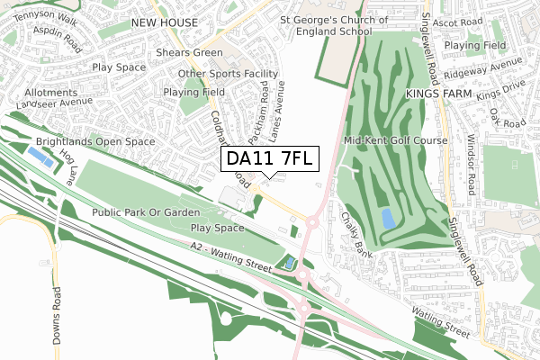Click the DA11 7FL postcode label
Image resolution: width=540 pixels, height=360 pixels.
[x=267, y=159]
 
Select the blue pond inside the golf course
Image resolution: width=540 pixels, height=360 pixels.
[x=387, y=218]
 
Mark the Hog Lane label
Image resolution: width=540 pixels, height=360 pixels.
[x=68, y=166]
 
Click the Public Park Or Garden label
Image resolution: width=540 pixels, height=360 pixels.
[x=145, y=212]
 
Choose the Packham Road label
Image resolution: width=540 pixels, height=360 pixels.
[x=259, y=112]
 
